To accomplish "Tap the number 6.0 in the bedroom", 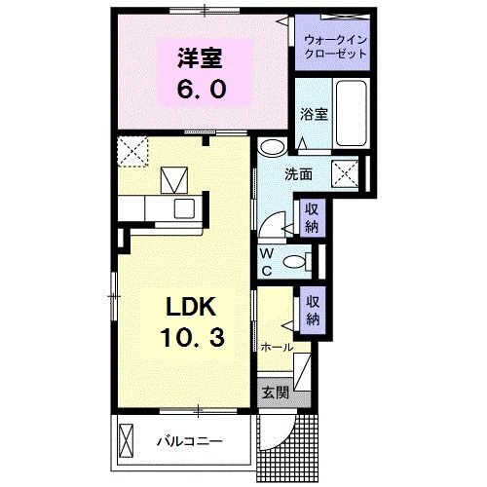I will click(202, 89).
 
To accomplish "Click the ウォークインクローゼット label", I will click(336, 46).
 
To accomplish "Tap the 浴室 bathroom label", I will click(313, 113).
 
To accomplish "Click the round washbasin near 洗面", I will click(274, 148).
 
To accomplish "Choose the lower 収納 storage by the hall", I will click(313, 312).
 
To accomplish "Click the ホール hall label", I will click(277, 347).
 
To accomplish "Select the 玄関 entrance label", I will click(276, 393).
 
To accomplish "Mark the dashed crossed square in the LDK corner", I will click(130, 152).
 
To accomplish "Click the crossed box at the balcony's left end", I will click(127, 439).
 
